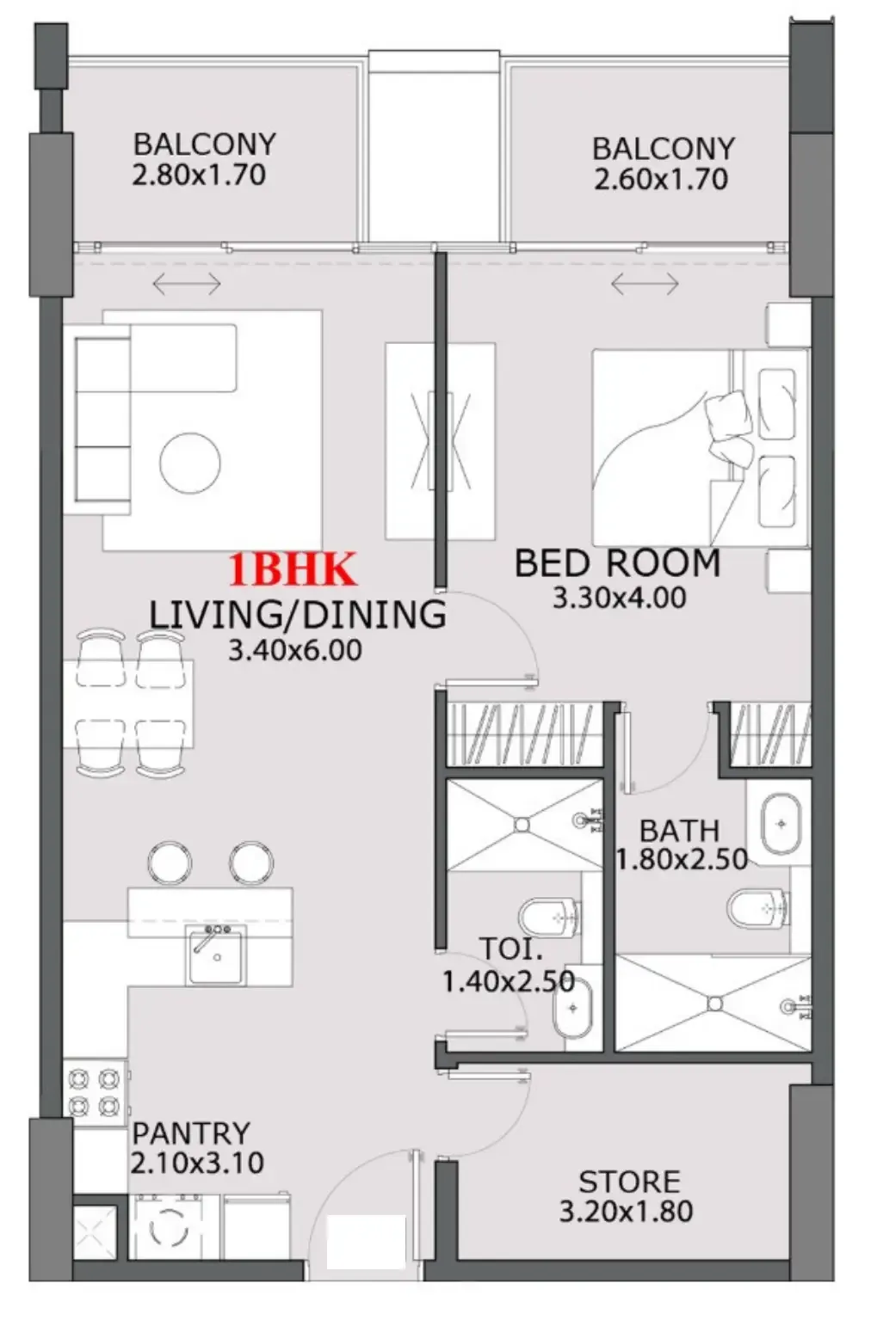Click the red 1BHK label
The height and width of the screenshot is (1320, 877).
point(292,570)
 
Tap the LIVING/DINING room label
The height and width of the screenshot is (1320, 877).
point(297,615)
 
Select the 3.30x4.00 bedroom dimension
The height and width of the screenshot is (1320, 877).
point(619,598)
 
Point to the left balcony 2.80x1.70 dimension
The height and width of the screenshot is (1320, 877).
point(199,175)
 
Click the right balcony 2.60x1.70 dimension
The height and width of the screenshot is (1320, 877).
point(660,180)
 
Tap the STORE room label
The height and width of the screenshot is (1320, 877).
point(629,1182)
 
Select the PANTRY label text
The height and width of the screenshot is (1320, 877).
point(191,1133)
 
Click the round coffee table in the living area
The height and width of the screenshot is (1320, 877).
point(189,463)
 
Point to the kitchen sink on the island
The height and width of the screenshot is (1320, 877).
point(215,955)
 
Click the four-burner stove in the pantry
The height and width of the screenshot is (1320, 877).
point(94,1091)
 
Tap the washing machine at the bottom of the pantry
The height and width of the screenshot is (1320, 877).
point(169,1227)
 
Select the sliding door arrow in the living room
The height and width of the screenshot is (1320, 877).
point(186,283)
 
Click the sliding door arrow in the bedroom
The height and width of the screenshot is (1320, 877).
point(645,283)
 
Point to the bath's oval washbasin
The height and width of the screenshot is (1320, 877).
point(781,824)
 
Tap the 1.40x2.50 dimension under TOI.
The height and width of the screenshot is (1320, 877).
point(508,981)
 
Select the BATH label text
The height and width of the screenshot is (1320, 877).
point(679,831)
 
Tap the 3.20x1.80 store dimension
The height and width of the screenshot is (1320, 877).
point(626,1212)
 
